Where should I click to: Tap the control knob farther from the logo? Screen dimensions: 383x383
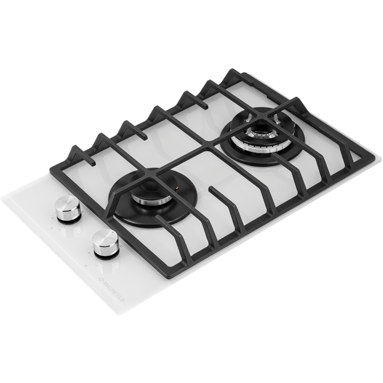(67, 209)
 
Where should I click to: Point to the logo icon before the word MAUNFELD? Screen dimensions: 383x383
(100, 279)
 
